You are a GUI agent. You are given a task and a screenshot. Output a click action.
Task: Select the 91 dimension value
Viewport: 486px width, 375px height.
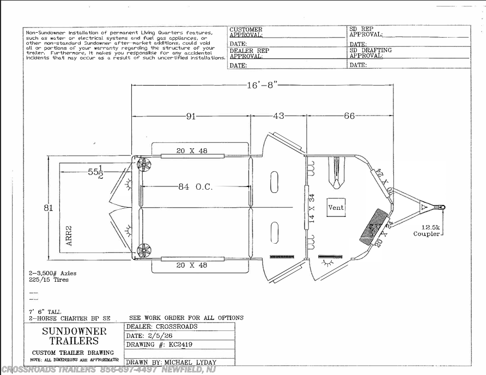coord(191,116)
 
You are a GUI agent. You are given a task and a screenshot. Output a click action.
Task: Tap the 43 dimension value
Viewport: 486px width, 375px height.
coord(278,116)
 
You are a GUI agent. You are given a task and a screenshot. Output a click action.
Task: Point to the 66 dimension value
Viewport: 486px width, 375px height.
coord(349,116)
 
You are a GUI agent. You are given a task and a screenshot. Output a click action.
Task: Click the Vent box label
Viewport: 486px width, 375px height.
coord(336,207)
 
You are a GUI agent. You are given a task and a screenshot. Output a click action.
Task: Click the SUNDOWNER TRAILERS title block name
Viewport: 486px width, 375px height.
coord(75,336)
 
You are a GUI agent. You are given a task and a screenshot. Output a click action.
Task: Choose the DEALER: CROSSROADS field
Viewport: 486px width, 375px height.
coord(162,326)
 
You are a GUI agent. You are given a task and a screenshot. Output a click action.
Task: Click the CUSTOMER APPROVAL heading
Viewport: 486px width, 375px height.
coord(246,32)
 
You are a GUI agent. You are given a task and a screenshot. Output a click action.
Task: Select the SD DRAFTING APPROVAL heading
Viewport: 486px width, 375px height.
coord(370,53)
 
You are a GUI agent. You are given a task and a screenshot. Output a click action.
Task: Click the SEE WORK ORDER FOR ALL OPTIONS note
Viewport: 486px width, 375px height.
coord(186,318)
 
